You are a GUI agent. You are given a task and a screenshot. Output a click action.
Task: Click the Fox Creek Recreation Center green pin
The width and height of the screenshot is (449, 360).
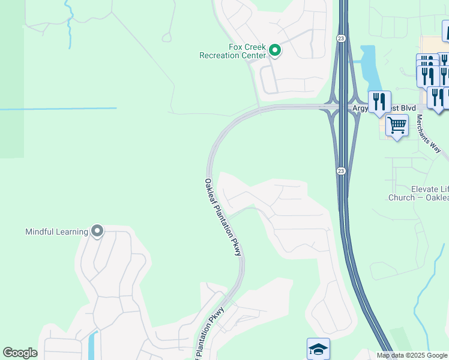coord(275,50)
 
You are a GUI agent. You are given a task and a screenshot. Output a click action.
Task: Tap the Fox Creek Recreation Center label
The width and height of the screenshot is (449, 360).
coord(232,51)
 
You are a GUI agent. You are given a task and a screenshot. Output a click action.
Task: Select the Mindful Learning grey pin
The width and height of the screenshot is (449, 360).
coord(97,231)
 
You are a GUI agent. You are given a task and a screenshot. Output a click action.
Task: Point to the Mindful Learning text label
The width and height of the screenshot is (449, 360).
coord(56,232)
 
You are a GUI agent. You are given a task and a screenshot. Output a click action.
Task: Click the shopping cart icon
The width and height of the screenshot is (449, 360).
coord(397,126)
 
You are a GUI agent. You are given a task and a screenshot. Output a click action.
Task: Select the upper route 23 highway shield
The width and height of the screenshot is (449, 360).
coord(340,38)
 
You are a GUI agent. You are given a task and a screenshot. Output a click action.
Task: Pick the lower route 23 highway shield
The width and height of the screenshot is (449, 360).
coord(340,171)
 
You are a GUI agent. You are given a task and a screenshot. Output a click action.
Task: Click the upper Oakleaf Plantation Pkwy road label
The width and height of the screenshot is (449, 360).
coord(223,217)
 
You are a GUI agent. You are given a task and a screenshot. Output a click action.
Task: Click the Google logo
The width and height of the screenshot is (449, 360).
coord(20,353)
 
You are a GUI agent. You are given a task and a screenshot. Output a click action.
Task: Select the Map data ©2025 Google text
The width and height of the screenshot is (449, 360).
coord(412,355)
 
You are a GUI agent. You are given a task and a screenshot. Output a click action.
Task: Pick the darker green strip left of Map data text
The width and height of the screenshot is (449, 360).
coord(399,338)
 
